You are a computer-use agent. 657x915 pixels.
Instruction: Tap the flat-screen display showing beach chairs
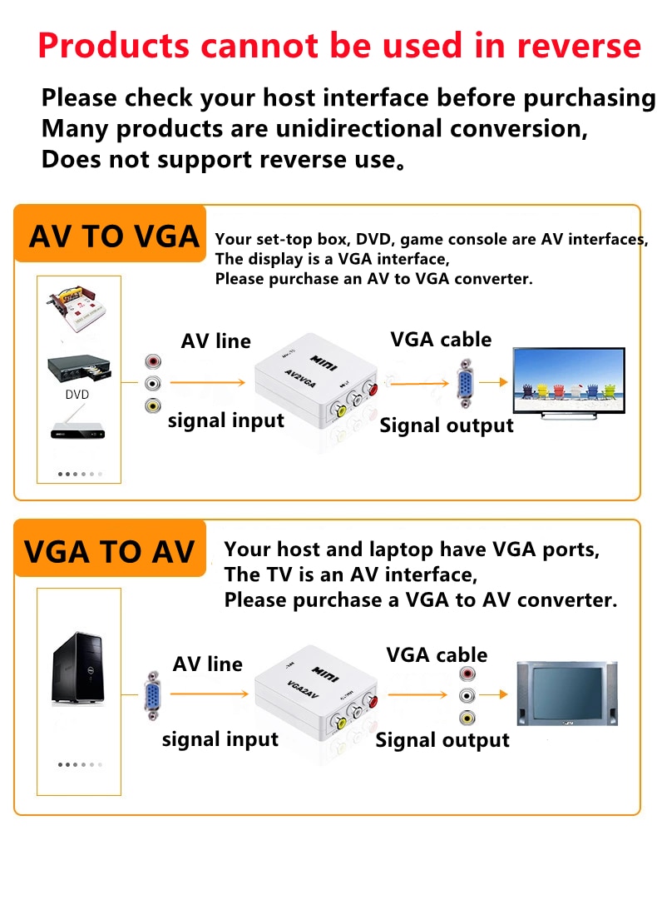pyautogui.click(x=568, y=383)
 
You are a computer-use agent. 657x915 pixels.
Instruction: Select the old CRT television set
pyautogui.click(x=567, y=694)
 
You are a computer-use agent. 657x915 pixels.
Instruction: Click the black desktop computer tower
pyautogui.click(x=79, y=668)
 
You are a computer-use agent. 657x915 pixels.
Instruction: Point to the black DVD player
pyautogui.click(x=79, y=368)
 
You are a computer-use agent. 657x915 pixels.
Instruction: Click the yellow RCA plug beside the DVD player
pyautogui.click(x=153, y=405)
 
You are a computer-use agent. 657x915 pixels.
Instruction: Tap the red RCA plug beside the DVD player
pyautogui.click(x=153, y=362)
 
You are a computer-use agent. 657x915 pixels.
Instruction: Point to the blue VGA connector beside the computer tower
pyautogui.click(x=152, y=695)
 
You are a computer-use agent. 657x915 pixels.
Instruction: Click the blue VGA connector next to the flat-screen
pyautogui.click(x=465, y=383)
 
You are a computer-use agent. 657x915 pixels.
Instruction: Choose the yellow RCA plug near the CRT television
pyautogui.click(x=467, y=718)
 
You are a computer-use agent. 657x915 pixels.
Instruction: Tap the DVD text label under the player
pyautogui.click(x=77, y=395)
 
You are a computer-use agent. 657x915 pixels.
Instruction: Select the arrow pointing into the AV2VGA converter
pyautogui.click(x=208, y=383)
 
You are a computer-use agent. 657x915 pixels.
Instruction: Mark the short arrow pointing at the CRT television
pyautogui.click(x=494, y=694)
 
